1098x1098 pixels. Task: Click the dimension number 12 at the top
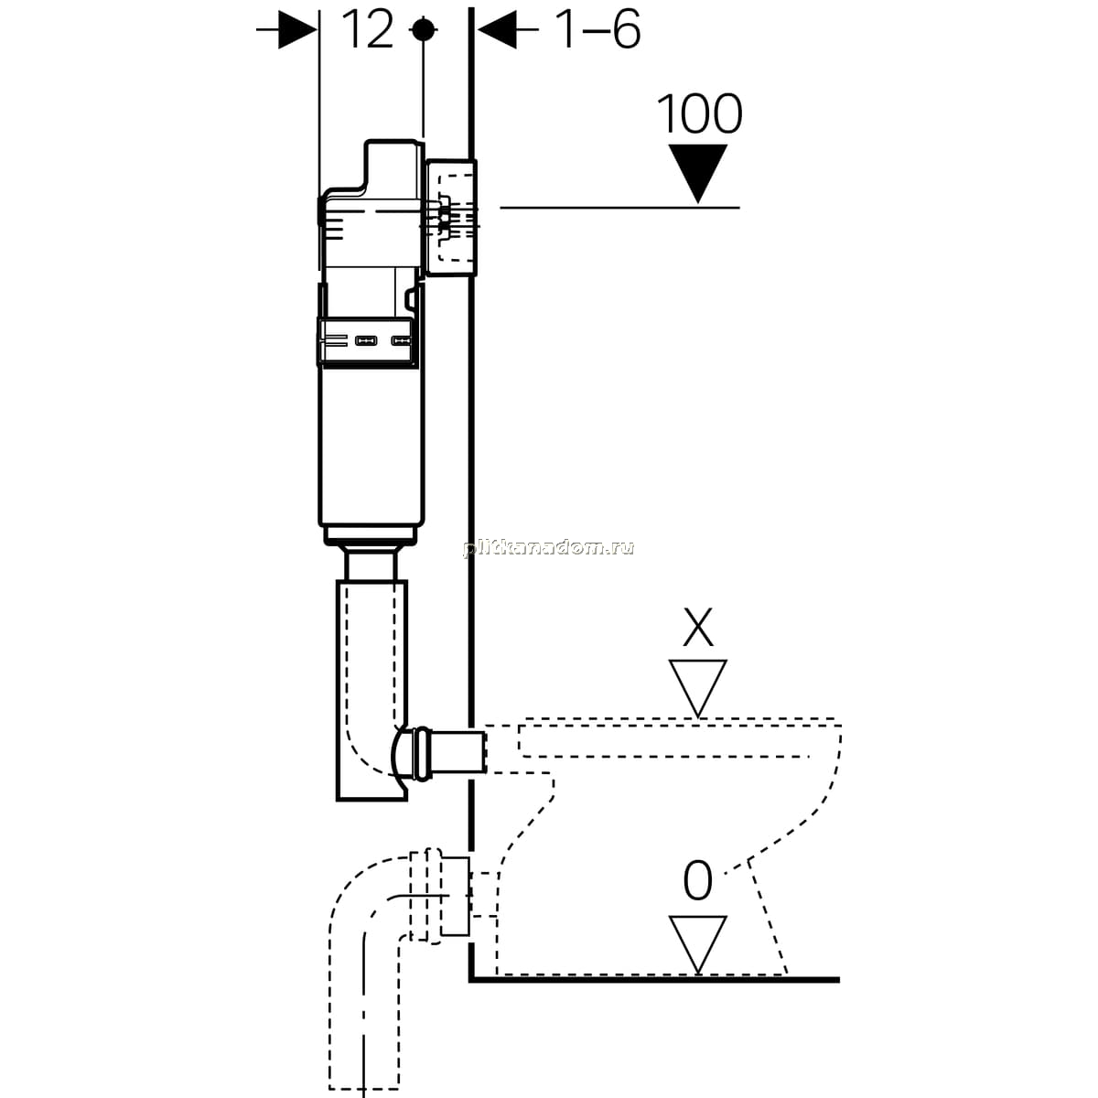click(x=368, y=29)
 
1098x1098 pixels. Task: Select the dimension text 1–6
click(x=598, y=29)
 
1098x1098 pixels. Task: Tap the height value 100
click(x=700, y=114)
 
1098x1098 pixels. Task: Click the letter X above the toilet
click(x=698, y=628)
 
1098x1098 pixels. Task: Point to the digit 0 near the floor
click(x=697, y=880)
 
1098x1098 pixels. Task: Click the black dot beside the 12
click(x=423, y=29)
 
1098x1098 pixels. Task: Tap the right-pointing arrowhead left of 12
click(x=296, y=29)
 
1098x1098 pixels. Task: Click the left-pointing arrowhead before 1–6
click(x=497, y=29)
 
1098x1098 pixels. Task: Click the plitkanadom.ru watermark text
click(x=549, y=548)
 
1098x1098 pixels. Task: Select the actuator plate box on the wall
click(x=451, y=218)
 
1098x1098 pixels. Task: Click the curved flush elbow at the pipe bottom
click(x=399, y=752)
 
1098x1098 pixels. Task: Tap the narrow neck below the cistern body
click(x=371, y=561)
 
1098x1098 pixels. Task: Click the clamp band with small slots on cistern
click(x=368, y=340)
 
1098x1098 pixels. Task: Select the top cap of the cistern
click(x=393, y=166)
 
